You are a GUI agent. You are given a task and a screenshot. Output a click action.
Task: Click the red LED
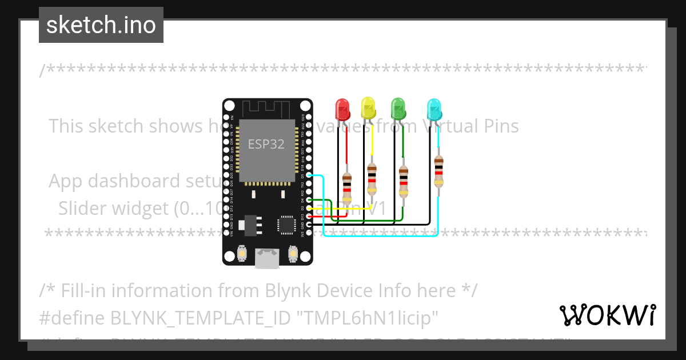point(342,109)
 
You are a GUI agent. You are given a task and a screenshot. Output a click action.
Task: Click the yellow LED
point(368,107)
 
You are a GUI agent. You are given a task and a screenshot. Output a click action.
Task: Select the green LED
point(398,108)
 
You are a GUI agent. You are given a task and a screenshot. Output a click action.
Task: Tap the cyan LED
point(434,109)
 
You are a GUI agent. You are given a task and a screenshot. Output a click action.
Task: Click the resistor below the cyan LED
point(438,171)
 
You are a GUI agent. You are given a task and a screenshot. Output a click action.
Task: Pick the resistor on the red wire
point(347,186)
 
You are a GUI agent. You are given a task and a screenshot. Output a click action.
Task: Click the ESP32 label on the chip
point(266,144)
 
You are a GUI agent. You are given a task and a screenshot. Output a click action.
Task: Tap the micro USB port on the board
point(267,258)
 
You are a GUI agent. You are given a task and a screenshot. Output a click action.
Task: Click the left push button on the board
point(242,253)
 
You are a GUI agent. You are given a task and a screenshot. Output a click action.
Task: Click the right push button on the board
point(293,253)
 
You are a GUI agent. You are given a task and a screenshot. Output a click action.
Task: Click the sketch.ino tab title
point(101,25)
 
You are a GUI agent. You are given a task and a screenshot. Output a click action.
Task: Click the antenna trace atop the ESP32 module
point(267,108)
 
